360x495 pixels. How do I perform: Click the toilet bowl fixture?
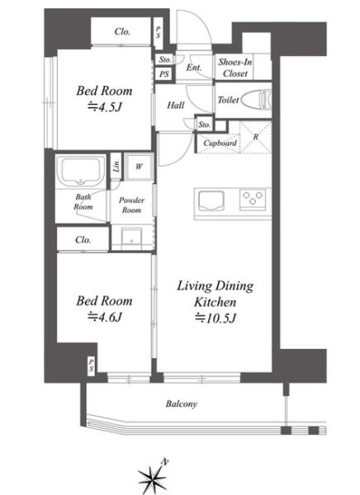click(256, 100)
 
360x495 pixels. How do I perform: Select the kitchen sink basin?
click(211, 201)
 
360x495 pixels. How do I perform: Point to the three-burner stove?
click(252, 199)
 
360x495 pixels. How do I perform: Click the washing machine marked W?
click(139, 167)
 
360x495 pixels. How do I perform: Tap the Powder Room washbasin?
click(131, 238)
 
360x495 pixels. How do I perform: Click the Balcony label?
click(182, 403)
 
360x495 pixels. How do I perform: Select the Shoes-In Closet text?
click(235, 68)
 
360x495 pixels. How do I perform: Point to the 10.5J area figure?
click(216, 318)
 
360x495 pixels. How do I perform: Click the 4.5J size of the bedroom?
click(104, 107)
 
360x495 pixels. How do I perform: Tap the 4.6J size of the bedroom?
click(104, 317)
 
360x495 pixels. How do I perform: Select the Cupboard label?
click(220, 143)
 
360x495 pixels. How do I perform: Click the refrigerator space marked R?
click(255, 137)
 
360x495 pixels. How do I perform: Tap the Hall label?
click(176, 105)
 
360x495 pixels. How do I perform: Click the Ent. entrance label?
click(194, 68)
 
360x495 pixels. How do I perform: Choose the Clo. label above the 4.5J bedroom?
click(122, 31)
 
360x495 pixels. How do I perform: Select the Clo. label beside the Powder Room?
click(83, 240)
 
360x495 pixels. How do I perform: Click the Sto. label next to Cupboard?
click(204, 125)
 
